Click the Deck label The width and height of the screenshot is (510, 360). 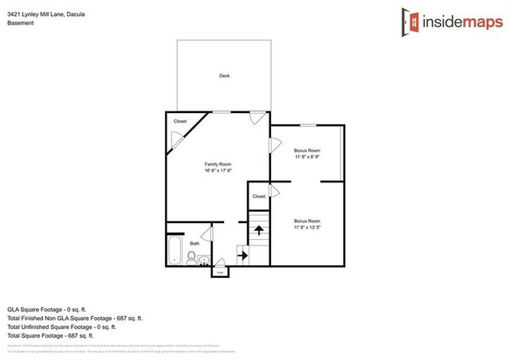coord(224,76)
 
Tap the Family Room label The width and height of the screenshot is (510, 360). coord(218,163)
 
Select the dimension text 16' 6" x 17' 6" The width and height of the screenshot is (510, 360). coord(218,170)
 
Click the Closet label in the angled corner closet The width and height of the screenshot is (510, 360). coord(180,121)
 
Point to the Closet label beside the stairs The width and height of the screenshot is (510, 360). coord(259,196)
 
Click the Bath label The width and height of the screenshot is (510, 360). coord(194,244)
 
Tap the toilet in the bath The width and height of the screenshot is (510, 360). coord(191,256)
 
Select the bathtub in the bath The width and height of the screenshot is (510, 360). coord(175,250)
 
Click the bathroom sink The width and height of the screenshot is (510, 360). coord(204,259)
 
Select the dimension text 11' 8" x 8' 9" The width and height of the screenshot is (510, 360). coord(307,157)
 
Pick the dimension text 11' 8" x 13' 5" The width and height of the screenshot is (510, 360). coord(307,227)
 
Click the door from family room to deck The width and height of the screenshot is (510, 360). coord(256,117)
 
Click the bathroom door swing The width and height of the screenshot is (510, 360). coord(206,233)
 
